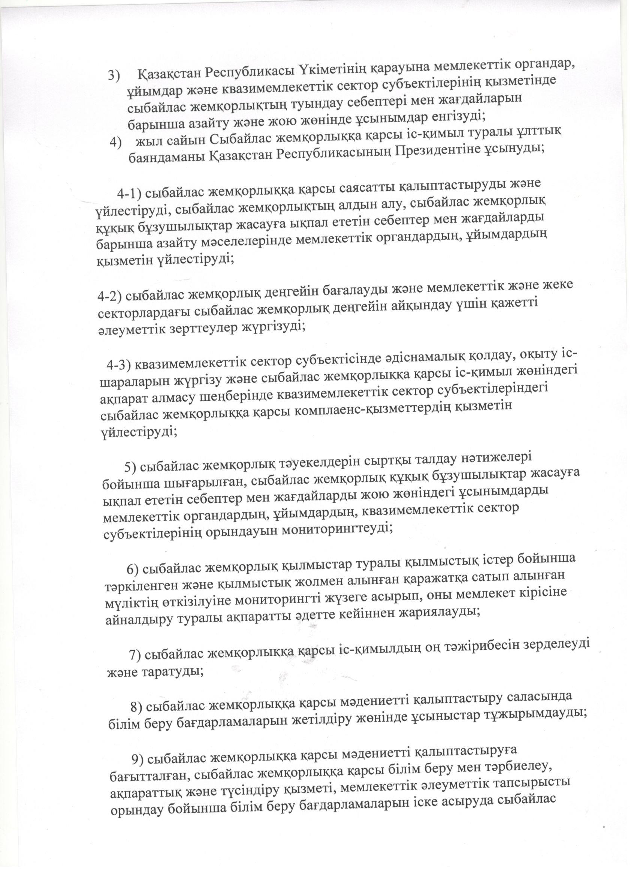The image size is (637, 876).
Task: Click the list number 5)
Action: point(130,467)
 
